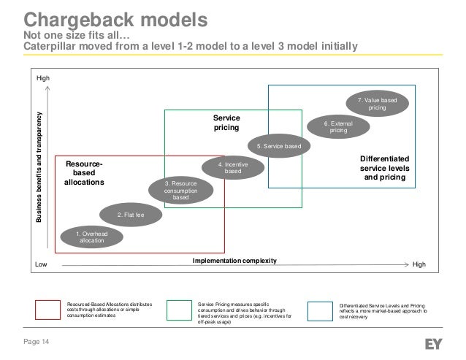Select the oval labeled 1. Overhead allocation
pos(92,235)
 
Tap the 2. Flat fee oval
pos(131,215)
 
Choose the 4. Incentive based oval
pos(232,168)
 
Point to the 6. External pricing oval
pos(338,126)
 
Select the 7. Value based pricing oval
pos(377,103)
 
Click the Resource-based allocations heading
pos(85,172)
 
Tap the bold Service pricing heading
pos(226,122)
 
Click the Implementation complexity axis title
pos(234,259)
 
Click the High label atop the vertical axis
pos(43,77)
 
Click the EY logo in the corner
pos(436,341)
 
